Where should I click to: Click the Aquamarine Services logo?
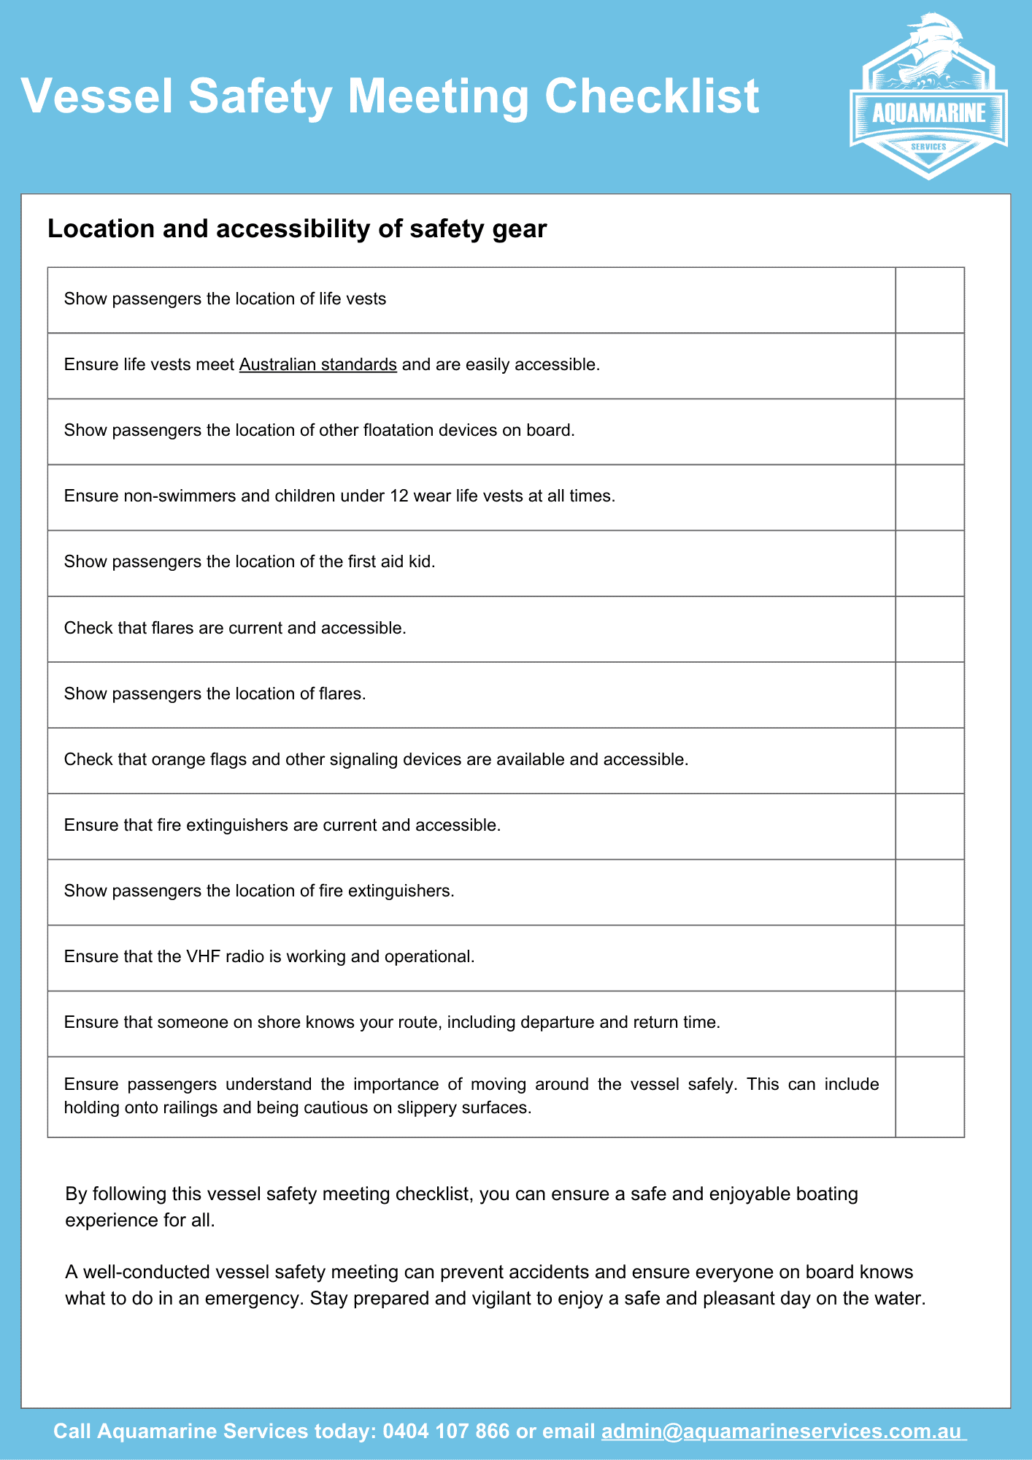tap(928, 99)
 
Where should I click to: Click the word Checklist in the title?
tap(652, 96)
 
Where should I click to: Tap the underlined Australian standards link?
tap(317, 364)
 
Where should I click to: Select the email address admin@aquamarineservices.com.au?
tap(783, 1431)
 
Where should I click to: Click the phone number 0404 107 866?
tap(445, 1431)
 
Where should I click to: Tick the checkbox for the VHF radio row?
tap(929, 958)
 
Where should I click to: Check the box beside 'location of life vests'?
tap(929, 300)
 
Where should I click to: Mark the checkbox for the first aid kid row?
tap(929, 563)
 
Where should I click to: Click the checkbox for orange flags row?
tap(929, 761)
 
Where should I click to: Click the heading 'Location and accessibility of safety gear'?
tap(297, 229)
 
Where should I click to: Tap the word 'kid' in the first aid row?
tap(422, 561)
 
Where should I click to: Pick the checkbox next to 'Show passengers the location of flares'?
tap(929, 695)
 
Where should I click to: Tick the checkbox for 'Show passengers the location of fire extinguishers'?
tap(929, 892)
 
